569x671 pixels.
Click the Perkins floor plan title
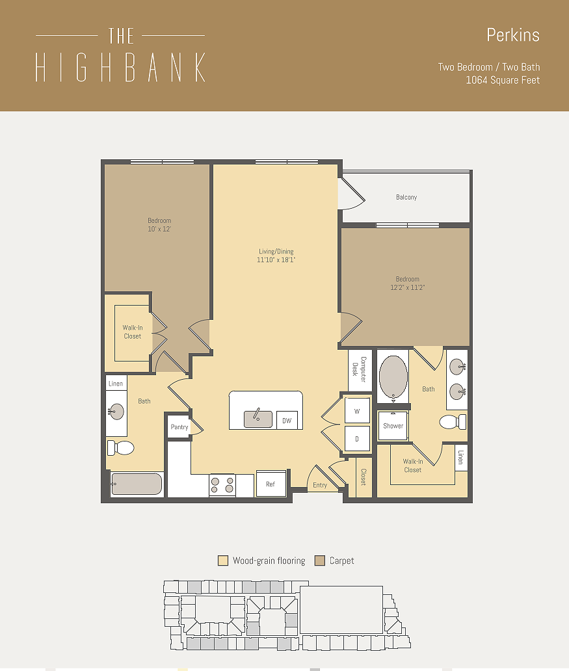512,35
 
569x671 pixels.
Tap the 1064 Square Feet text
502,80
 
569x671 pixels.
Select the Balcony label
406,197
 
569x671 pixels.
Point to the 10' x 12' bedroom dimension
159,229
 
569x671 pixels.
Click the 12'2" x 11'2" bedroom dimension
407,287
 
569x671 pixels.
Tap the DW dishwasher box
287,421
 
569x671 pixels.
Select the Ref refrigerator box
271,484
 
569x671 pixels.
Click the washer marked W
357,411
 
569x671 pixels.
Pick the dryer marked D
357,439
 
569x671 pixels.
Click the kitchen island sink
258,419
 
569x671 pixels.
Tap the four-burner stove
222,486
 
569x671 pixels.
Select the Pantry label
179,427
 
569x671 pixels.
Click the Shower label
393,426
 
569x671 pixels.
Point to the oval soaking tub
393,376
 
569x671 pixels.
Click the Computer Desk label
360,369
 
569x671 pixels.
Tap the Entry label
320,485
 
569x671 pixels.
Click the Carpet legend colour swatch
319,560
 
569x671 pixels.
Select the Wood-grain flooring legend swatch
223,560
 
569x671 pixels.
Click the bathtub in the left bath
137,484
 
